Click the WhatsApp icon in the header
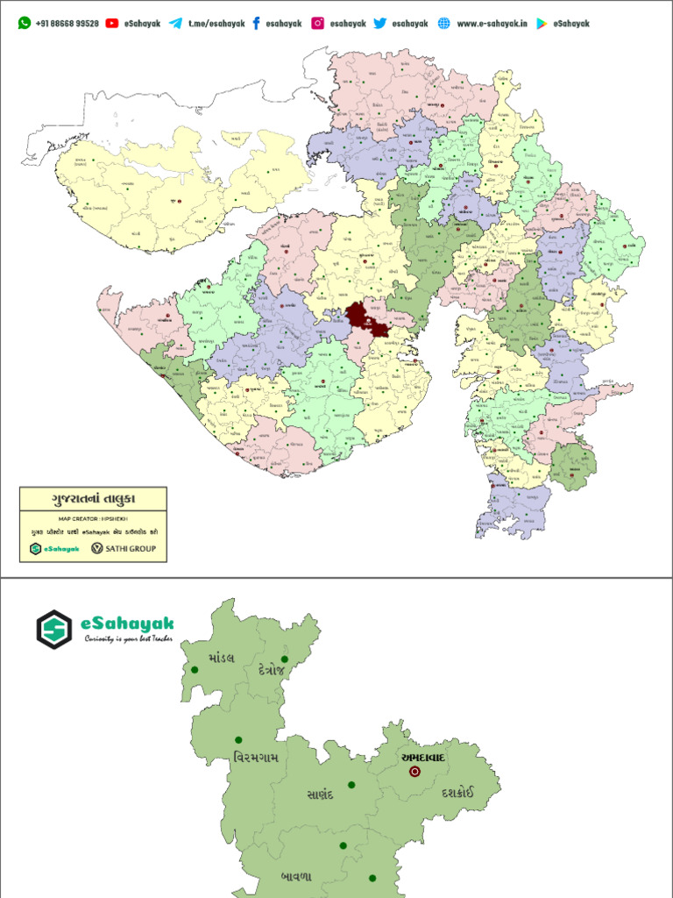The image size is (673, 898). tap(24, 24)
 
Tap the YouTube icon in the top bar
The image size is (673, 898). tap(112, 24)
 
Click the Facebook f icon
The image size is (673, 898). tap(256, 24)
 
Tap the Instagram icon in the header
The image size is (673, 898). tap(317, 24)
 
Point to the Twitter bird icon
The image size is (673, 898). tap(379, 24)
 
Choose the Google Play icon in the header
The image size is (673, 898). tap(542, 24)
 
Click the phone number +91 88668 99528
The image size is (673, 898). tap(67, 24)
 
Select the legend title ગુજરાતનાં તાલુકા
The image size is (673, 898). tap(93, 500)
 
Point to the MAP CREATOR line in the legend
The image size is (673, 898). tap(93, 518)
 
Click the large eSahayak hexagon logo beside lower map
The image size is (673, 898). tap(54, 629)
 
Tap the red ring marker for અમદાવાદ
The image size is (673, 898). tap(414, 772)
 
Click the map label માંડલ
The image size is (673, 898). tap(222, 658)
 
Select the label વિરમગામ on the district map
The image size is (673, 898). tap(256, 757)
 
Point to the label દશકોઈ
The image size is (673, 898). tap(455, 792)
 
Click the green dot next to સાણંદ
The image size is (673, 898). tap(351, 785)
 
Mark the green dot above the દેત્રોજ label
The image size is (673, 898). tap(285, 659)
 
